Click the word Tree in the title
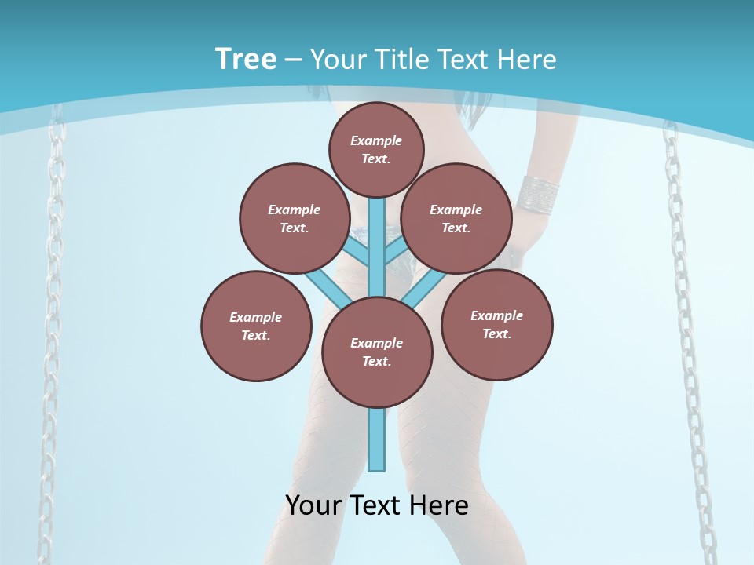(x=246, y=60)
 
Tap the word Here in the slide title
(x=525, y=60)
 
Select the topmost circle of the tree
(x=376, y=149)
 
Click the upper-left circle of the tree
(x=294, y=219)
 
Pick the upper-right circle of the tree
(x=456, y=219)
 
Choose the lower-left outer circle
(x=256, y=326)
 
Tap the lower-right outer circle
(x=496, y=324)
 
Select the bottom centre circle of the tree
(x=377, y=352)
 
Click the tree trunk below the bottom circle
(x=377, y=439)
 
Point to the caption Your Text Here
(x=377, y=505)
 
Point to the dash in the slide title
(x=294, y=60)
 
